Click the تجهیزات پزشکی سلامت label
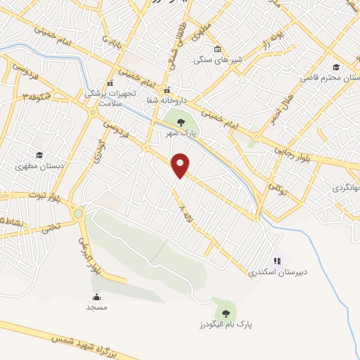110,97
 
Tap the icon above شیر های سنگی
217,49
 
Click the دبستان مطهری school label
39,167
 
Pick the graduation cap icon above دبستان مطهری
39,156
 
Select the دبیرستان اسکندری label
273,272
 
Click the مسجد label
96,308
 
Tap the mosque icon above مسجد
96,297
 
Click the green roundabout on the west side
78,213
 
